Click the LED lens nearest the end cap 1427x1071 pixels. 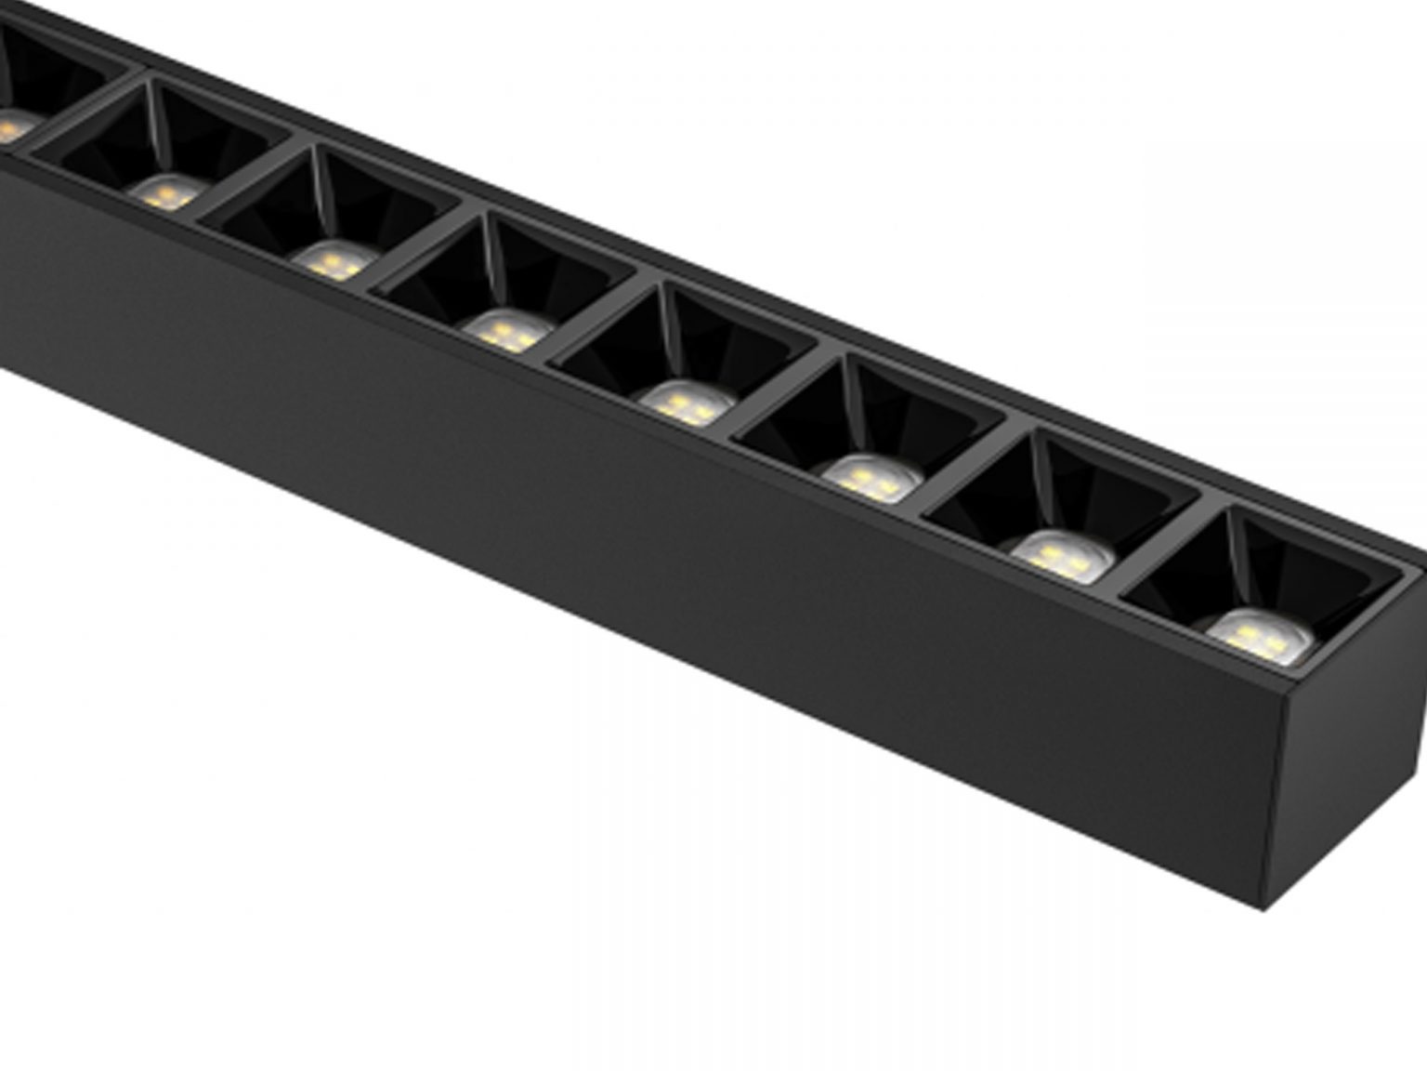pyautogui.click(x=1260, y=638)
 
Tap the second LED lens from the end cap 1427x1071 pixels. pyautogui.click(x=1062, y=556)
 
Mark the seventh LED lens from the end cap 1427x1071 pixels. pyautogui.click(x=167, y=192)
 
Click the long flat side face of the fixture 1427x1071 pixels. pyautogui.click(x=650, y=558)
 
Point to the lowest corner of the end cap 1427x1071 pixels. pyautogui.click(x=1263, y=907)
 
